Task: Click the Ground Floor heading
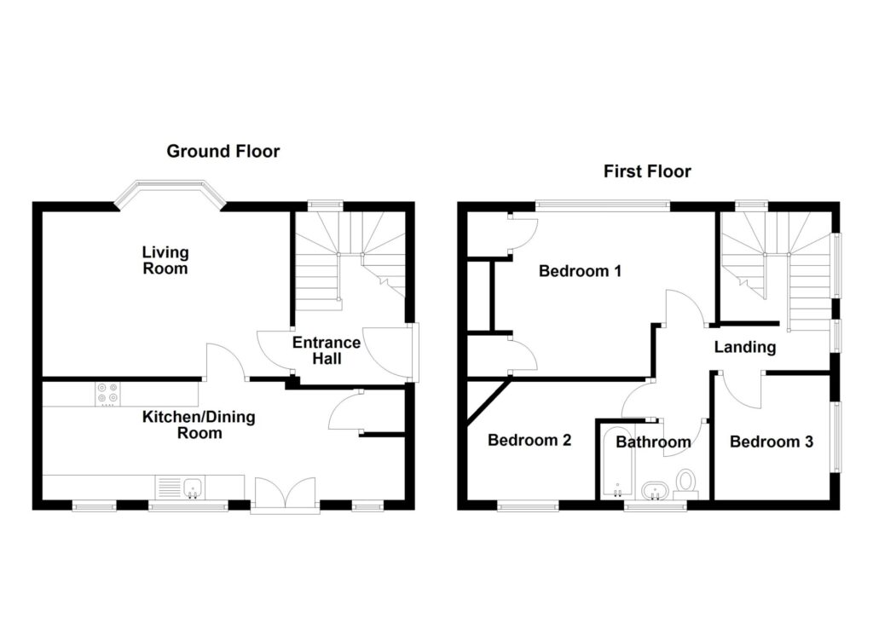pyautogui.click(x=223, y=152)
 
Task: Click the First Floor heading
pyautogui.click(x=647, y=171)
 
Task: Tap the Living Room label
pyautogui.click(x=165, y=260)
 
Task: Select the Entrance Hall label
pyautogui.click(x=327, y=350)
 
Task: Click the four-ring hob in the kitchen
pyautogui.click(x=108, y=394)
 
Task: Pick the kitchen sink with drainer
pyautogui.click(x=180, y=488)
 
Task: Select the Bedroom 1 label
pyautogui.click(x=580, y=272)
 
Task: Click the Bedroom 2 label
pyautogui.click(x=529, y=441)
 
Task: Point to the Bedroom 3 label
pyautogui.click(x=771, y=442)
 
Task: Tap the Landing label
pyautogui.click(x=745, y=347)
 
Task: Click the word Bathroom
pyautogui.click(x=653, y=442)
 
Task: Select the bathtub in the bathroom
pyautogui.click(x=616, y=465)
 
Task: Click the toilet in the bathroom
pyautogui.click(x=686, y=483)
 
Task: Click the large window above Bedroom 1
pyautogui.click(x=602, y=205)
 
